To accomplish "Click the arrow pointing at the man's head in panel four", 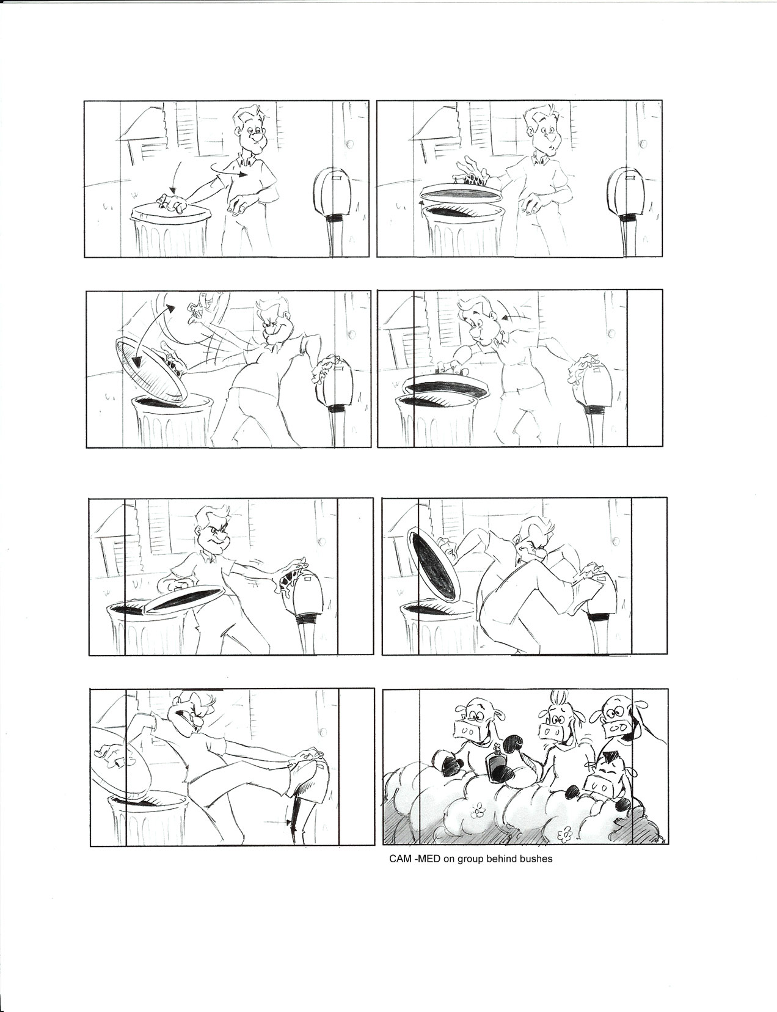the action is click(x=514, y=317).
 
